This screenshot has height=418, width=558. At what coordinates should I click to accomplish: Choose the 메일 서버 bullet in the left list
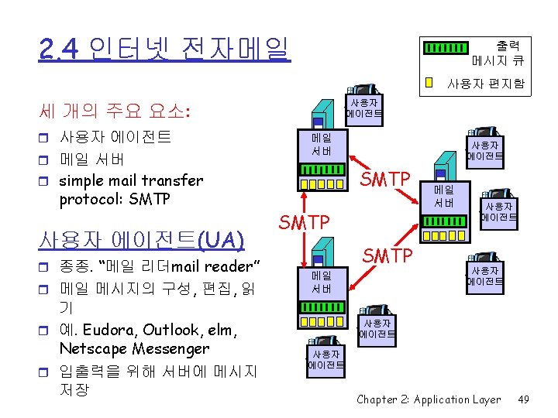point(91,159)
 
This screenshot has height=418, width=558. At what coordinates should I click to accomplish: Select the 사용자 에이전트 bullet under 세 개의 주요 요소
point(115,138)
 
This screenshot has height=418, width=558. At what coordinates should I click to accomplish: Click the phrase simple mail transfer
point(131,180)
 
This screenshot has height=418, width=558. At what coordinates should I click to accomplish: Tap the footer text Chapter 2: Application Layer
point(429,399)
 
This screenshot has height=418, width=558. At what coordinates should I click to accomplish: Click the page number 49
point(523,399)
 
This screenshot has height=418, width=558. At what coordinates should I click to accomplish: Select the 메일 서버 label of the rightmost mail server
point(444,196)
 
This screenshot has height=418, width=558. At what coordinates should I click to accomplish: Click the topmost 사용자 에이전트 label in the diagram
point(364,108)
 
